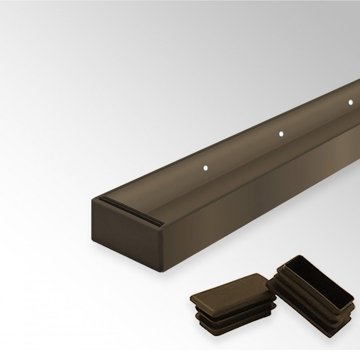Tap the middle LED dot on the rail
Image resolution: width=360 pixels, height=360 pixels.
pos(281,134)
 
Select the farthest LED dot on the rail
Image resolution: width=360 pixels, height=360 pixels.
pos(351,102)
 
